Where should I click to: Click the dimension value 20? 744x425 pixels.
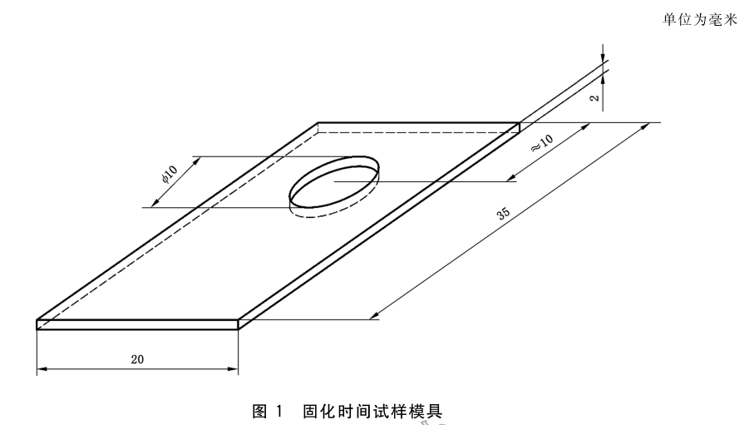(x=137, y=358)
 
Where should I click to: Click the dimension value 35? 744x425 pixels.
(x=503, y=214)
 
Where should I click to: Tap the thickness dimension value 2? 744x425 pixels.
(x=594, y=97)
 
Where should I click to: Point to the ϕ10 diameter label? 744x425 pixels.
(x=169, y=175)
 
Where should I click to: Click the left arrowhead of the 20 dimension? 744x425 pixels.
(x=41, y=372)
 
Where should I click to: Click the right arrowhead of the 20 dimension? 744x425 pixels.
(x=234, y=372)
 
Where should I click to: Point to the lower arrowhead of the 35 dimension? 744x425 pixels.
(x=376, y=316)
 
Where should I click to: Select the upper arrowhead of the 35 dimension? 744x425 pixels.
(x=646, y=126)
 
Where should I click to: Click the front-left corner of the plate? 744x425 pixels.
(x=37, y=320)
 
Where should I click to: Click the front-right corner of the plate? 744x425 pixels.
(x=239, y=320)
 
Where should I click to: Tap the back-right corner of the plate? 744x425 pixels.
(x=520, y=123)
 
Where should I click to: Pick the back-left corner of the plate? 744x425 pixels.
(x=319, y=123)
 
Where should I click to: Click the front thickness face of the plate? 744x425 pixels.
(x=138, y=325)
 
